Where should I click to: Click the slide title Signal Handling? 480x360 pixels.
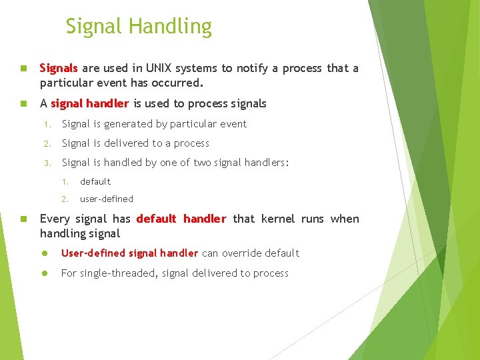pos(139,27)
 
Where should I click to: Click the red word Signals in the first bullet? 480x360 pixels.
pos(59,69)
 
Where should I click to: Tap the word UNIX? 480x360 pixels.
pos(159,68)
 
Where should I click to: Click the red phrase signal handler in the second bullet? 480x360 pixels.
pos(90,104)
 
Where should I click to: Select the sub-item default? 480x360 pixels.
pos(95,181)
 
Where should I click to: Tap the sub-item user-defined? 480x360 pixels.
pos(107,199)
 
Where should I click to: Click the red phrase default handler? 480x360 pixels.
pos(181,219)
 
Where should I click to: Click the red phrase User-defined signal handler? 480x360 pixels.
pos(129,253)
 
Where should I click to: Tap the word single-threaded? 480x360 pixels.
pos(119,273)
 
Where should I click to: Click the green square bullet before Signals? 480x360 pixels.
pos(23,68)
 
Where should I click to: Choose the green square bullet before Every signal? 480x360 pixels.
pos(23,219)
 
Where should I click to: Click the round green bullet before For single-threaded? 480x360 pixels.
pos(45,273)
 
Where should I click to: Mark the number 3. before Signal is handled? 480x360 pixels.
pos(47,163)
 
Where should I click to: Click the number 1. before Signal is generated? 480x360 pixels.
pos(47,125)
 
